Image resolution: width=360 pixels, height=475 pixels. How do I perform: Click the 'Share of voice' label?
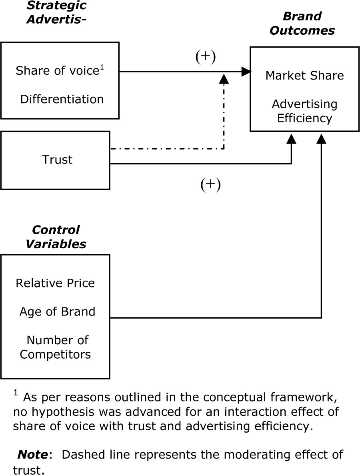coord(57,71)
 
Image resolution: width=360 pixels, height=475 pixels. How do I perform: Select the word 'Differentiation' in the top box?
coord(62,99)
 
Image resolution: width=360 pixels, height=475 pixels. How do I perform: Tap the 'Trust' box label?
coord(58,160)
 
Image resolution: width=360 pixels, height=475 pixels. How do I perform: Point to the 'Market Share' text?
coord(305,76)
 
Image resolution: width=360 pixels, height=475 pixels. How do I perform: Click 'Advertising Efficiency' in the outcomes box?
coord(305,111)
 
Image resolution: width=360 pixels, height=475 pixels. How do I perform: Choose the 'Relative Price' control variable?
coord(55,283)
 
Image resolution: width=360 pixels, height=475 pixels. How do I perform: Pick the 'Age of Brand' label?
coord(57,311)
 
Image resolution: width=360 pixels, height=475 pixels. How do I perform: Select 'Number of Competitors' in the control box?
coord(56,347)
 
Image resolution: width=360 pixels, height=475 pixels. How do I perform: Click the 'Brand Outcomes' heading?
coord(302,24)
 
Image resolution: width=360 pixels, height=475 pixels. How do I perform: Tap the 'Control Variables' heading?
coord(56,237)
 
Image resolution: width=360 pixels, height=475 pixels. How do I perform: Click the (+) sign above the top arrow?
coord(205,57)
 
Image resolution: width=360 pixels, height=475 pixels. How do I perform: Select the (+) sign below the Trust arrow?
coord(210,185)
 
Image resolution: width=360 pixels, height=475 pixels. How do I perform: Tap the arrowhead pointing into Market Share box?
coord(246,72)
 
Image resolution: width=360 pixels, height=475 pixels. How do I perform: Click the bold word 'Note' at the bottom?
coord(32,455)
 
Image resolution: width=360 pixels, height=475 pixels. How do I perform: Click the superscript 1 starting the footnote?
coord(16,393)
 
